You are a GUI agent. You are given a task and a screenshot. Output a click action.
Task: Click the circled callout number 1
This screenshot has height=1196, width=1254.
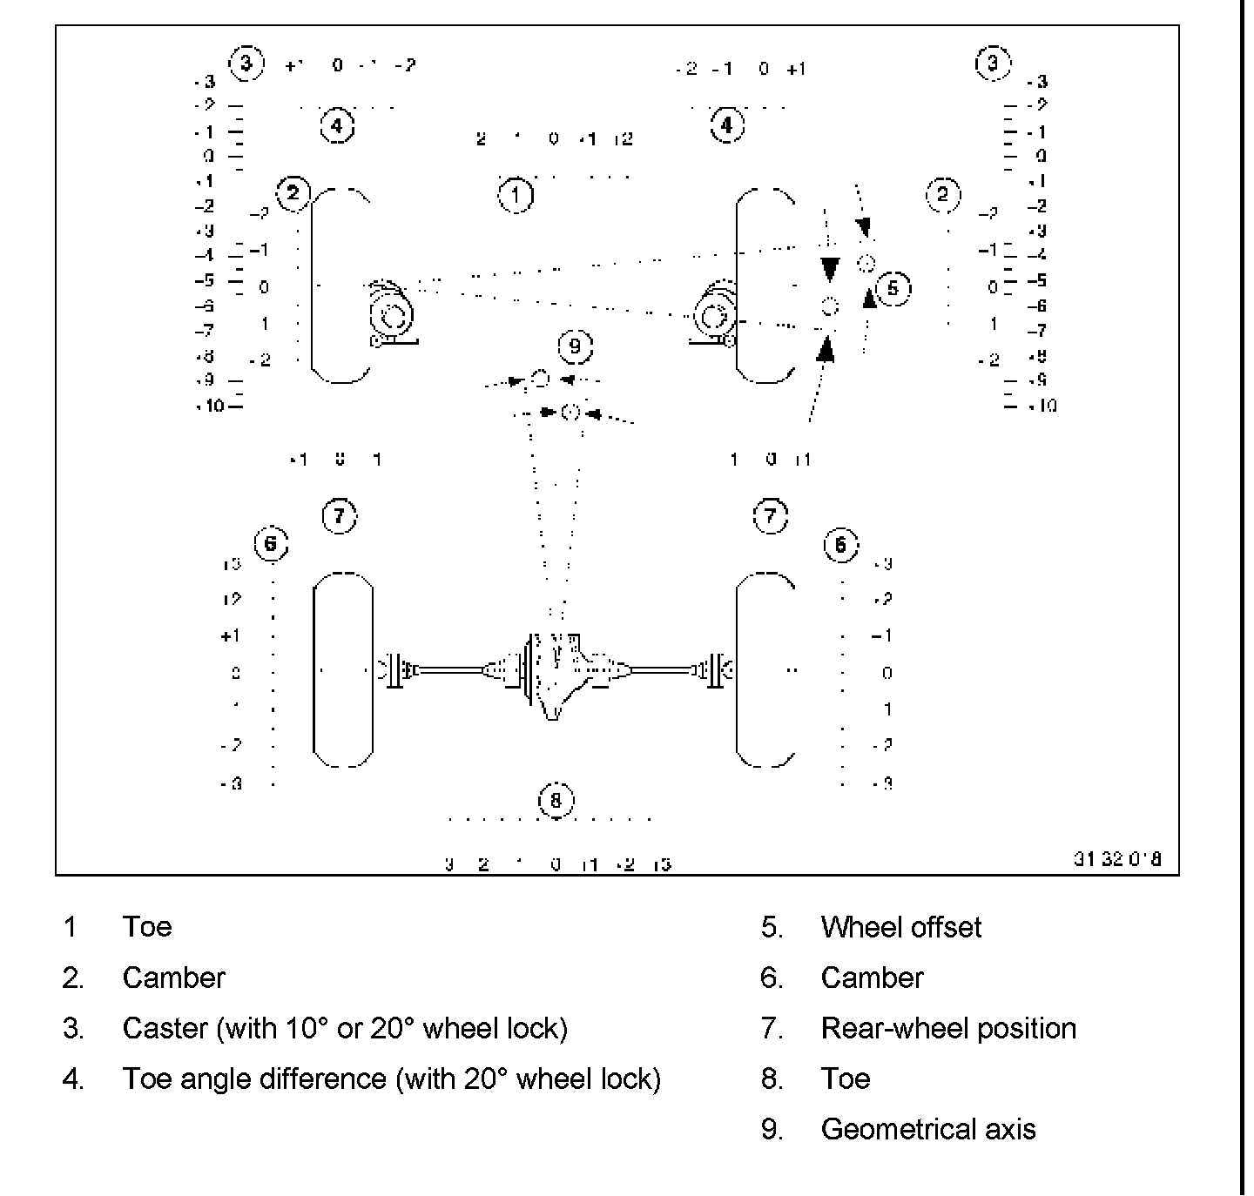click(x=516, y=195)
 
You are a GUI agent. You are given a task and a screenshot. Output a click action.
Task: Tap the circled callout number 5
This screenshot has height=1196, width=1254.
click(x=893, y=288)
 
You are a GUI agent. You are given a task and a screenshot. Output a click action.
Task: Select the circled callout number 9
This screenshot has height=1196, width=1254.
click(x=575, y=346)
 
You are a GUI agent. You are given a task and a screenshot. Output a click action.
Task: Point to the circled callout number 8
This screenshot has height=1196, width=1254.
click(x=556, y=800)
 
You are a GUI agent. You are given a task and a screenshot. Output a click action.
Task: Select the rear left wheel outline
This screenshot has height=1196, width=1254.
click(x=343, y=669)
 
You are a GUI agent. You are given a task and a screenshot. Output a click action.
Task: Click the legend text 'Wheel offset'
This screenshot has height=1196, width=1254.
click(x=900, y=927)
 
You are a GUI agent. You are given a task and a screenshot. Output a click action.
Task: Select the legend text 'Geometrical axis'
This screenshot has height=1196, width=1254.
click(x=927, y=1129)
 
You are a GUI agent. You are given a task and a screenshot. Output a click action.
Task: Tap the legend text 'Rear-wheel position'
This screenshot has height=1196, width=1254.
click(x=947, y=1028)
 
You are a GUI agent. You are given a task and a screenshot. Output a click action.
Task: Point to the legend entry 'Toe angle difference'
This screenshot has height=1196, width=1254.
click(x=391, y=1078)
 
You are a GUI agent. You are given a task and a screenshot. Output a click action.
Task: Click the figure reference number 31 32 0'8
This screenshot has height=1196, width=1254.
click(x=1116, y=859)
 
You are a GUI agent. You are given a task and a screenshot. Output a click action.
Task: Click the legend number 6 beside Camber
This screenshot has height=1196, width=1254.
click(x=772, y=978)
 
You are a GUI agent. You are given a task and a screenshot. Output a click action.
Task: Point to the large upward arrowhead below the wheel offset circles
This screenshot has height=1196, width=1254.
click(x=826, y=348)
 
